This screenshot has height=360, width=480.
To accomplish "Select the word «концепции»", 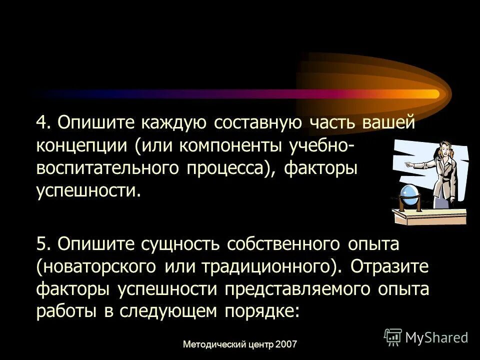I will (x=81, y=146).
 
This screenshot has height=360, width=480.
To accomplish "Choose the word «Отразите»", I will (x=389, y=267).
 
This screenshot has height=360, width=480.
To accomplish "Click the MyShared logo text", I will (x=436, y=337).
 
